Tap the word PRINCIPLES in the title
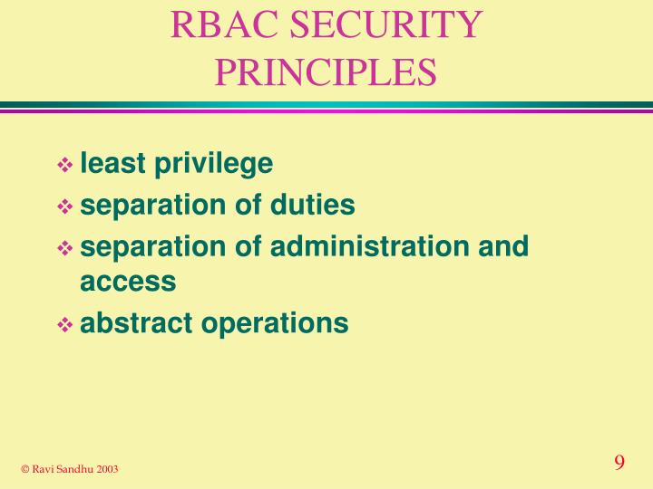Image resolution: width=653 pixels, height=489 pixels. pyautogui.click(x=326, y=72)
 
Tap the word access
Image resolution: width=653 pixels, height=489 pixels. pyautogui.click(x=128, y=282)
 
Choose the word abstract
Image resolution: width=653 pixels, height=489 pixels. pyautogui.click(x=135, y=322)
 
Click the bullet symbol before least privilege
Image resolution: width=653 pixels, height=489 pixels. pyautogui.click(x=66, y=165)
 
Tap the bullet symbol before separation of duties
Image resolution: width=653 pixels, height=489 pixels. pyautogui.click(x=66, y=206)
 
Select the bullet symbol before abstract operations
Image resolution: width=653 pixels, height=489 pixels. pyautogui.click(x=66, y=324)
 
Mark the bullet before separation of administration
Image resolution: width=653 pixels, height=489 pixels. pyautogui.click(x=66, y=248)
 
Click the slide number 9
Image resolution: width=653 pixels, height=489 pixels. pyautogui.click(x=619, y=463)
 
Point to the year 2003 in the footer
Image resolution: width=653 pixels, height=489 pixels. pyautogui.click(x=105, y=468)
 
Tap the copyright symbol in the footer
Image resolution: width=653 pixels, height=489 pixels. pyautogui.click(x=25, y=468)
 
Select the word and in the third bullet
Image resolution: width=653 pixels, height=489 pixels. pyautogui.click(x=504, y=246)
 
